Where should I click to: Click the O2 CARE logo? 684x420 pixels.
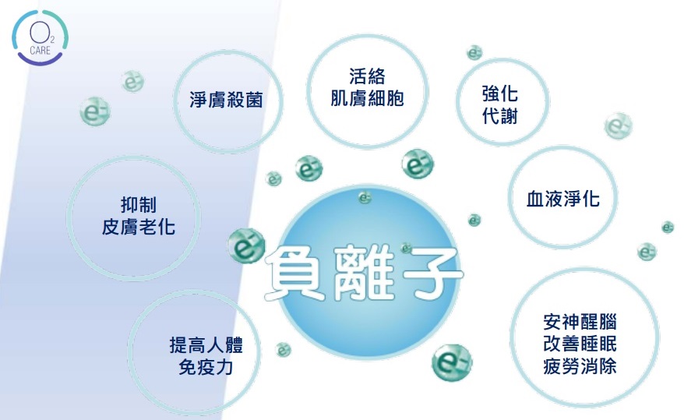(x=41, y=37)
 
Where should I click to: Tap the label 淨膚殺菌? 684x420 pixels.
(x=226, y=100)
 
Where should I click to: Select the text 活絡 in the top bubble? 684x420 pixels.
(x=367, y=76)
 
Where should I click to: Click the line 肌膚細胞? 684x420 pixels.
(x=367, y=98)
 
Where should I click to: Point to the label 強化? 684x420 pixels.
(x=500, y=94)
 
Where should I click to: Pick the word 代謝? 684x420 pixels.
(x=500, y=116)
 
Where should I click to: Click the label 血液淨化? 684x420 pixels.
(x=562, y=199)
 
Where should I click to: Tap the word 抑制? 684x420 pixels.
(x=139, y=205)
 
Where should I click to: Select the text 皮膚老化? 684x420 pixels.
(x=139, y=227)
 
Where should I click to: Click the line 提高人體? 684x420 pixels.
(x=206, y=345)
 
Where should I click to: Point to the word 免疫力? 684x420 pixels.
(x=206, y=367)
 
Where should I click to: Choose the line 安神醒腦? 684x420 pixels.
(x=580, y=322)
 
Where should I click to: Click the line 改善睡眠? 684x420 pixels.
(x=580, y=344)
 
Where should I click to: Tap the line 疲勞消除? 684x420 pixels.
(x=580, y=365)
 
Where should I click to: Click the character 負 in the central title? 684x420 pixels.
(x=296, y=273)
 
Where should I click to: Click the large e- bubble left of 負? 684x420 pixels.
(x=246, y=246)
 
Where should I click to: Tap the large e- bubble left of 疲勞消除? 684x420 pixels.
(x=452, y=362)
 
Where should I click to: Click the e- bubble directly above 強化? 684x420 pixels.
(x=474, y=53)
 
